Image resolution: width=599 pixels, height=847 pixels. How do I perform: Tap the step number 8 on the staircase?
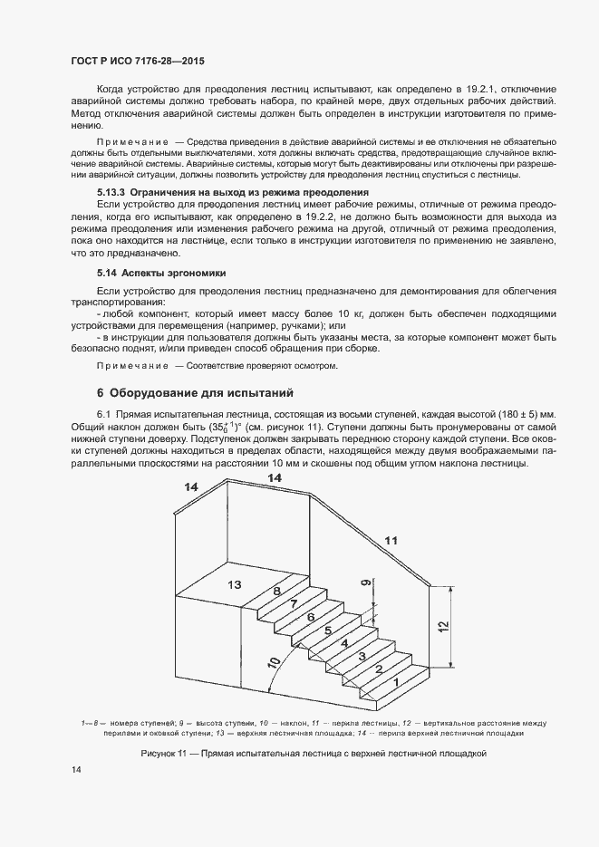[277, 591]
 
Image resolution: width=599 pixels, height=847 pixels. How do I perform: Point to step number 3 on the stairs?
[362, 655]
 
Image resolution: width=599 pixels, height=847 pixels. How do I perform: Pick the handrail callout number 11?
[391, 541]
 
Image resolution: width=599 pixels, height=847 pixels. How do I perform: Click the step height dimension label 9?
[365, 584]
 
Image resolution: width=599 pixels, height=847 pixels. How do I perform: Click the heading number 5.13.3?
[112, 193]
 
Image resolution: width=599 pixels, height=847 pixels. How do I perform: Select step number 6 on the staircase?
[311, 617]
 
